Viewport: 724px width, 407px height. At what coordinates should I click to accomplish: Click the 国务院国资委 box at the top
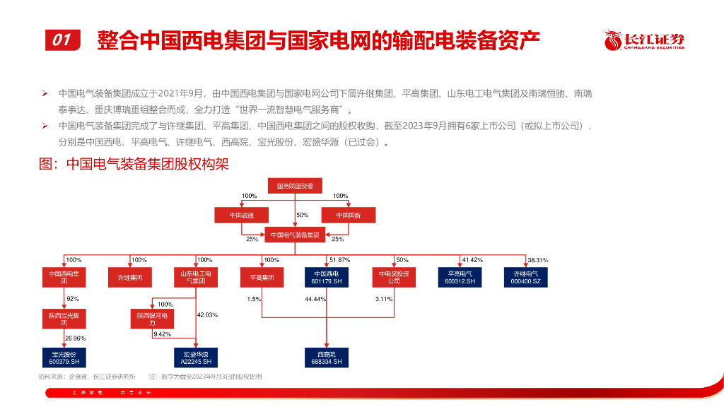(295, 187)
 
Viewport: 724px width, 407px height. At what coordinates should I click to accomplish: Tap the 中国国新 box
(349, 215)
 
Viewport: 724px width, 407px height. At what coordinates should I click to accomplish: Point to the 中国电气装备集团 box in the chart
(295, 235)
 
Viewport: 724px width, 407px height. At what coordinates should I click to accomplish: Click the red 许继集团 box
(130, 277)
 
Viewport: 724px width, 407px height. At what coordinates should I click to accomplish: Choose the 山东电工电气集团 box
(195, 277)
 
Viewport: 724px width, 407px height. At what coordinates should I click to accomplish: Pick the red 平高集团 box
(262, 277)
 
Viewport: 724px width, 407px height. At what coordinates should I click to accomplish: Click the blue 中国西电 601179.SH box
(327, 277)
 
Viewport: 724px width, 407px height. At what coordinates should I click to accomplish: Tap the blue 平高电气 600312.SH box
(460, 277)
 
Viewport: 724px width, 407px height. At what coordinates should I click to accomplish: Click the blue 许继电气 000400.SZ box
(525, 277)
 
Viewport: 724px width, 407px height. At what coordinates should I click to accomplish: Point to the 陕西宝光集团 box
(64, 319)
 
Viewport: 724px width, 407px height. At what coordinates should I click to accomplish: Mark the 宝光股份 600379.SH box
(64, 357)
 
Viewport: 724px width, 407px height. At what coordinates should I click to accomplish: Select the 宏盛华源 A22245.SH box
(195, 357)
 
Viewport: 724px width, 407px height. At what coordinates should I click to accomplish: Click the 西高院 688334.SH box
(327, 357)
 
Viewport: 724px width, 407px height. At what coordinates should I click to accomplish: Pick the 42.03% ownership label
(206, 314)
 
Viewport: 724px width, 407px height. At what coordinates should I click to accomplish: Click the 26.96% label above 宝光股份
(76, 338)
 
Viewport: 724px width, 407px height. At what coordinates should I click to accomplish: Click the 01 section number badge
(63, 40)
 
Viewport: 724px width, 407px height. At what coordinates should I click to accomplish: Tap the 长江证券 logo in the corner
(644, 41)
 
